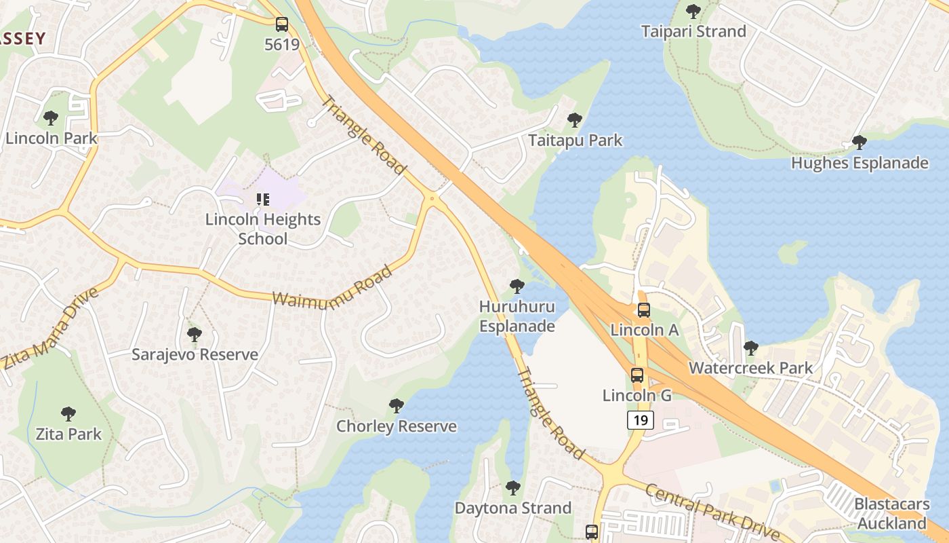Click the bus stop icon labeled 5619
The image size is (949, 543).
[281, 25]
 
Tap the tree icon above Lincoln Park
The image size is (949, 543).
[51, 118]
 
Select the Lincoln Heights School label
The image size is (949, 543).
[262, 229]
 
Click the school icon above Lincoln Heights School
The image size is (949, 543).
[262, 200]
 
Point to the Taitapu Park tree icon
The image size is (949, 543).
[575, 120]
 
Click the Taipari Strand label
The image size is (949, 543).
[693, 31]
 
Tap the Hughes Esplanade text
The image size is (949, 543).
[860, 163]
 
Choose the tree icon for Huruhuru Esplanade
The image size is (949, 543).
[517, 286]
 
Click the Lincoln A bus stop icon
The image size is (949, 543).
[643, 310]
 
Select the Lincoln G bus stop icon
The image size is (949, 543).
[637, 375]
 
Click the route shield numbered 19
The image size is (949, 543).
[640, 420]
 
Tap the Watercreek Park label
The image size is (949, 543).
[750, 368]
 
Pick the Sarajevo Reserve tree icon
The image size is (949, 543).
[195, 334]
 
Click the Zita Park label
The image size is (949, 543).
[68, 434]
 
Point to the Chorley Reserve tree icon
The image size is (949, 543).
[397, 406]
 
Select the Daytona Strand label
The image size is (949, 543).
[513, 508]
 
